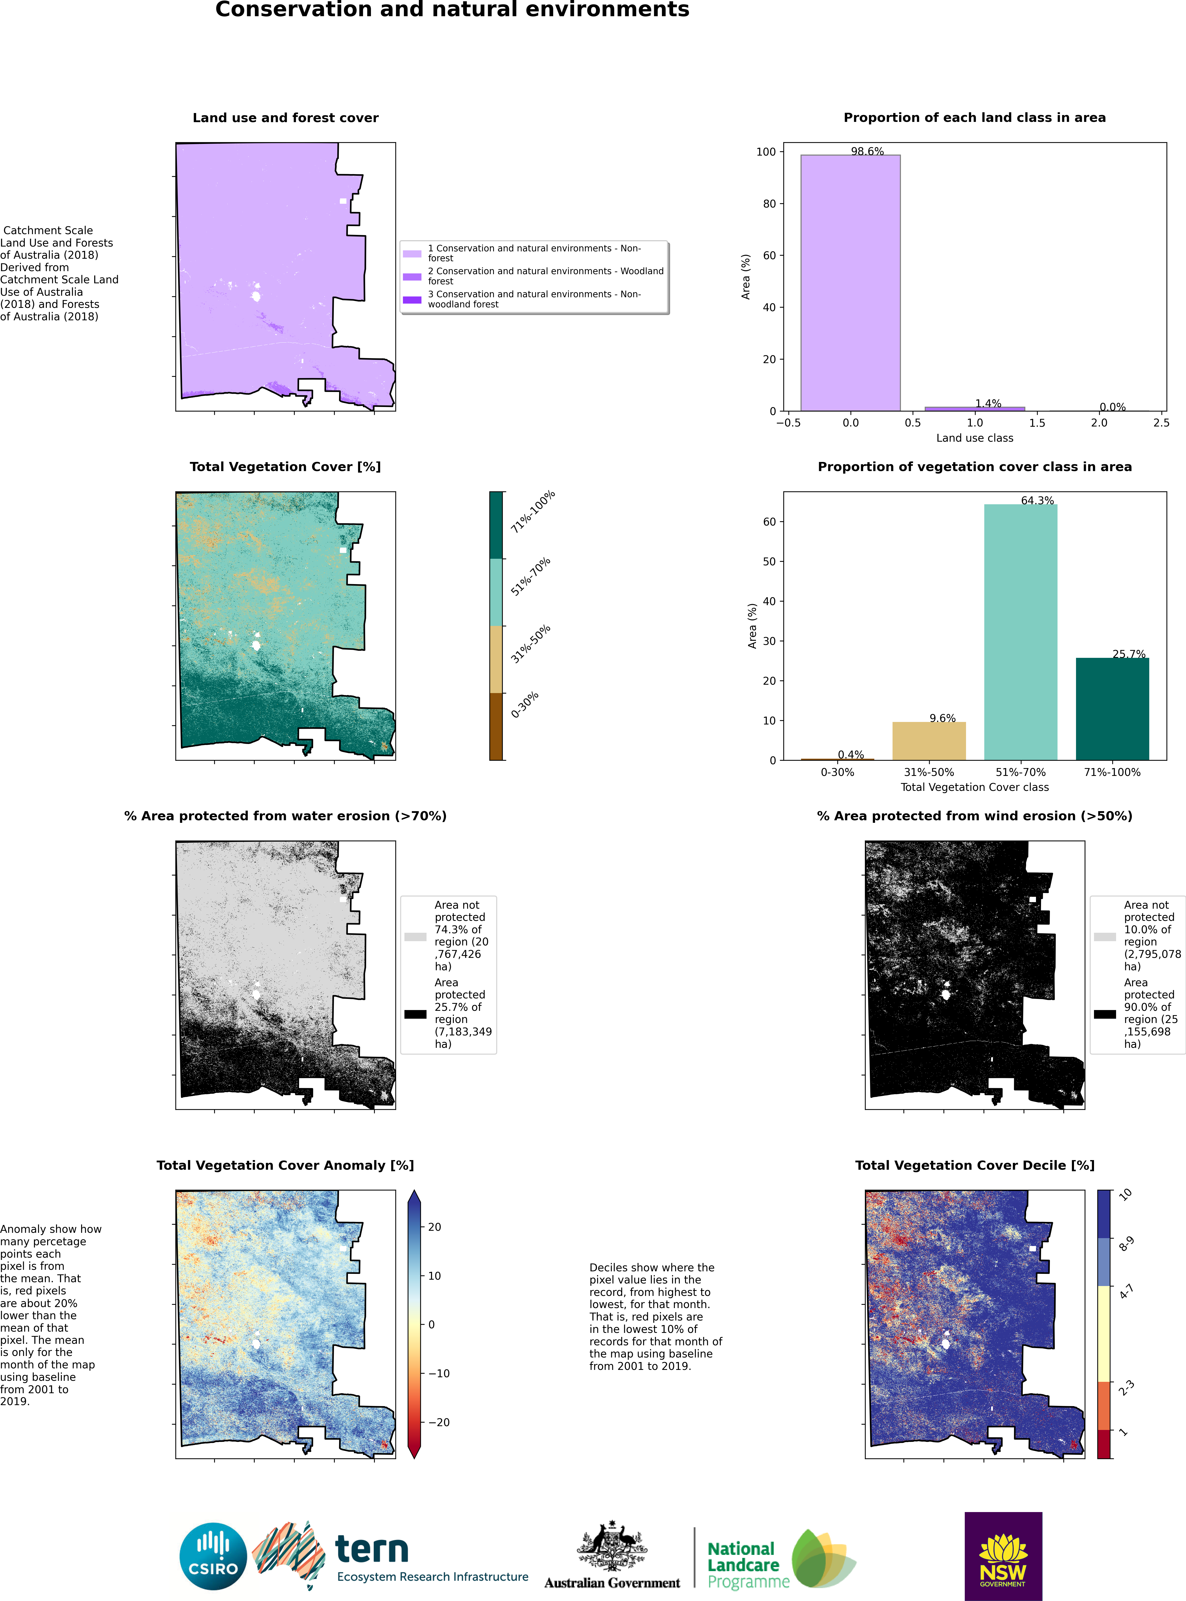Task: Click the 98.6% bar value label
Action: point(867,152)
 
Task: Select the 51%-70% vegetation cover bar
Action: point(1020,632)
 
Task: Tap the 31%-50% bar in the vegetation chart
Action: point(929,741)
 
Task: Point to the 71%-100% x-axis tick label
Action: point(1112,773)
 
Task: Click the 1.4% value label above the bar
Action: point(988,403)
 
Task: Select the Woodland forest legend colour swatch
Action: point(412,276)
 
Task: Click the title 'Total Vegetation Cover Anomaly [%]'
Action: point(286,1165)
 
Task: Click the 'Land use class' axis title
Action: point(974,438)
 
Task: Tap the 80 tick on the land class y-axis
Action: point(769,204)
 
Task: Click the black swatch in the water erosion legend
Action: point(415,1014)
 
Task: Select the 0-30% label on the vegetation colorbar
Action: point(525,705)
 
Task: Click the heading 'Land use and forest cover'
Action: point(286,118)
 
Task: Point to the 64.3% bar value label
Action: point(1037,500)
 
